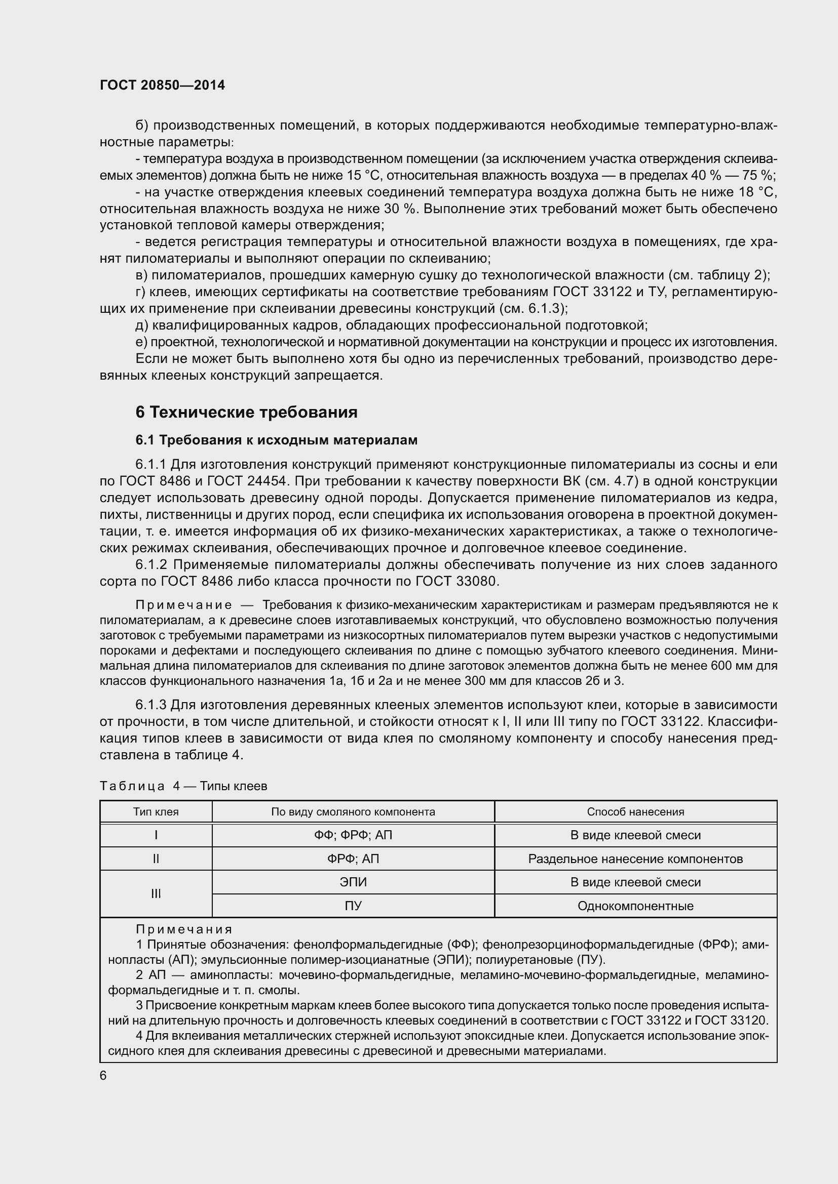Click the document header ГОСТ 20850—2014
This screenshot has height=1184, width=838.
pyautogui.click(x=162, y=85)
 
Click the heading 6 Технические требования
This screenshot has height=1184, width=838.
pyautogui.click(x=246, y=412)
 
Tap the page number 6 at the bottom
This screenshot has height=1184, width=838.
pyautogui.click(x=103, y=1076)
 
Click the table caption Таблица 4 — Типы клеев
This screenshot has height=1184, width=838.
pyautogui.click(x=183, y=786)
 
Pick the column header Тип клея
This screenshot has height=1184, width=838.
pyautogui.click(x=156, y=811)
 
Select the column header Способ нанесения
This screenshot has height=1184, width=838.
pyautogui.click(x=635, y=811)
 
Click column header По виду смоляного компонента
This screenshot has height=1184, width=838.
pyautogui.click(x=353, y=811)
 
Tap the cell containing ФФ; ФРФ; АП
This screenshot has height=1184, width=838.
pyautogui.click(x=353, y=835)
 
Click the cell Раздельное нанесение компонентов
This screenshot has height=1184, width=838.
pyautogui.click(x=635, y=859)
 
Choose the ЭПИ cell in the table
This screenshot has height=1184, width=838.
pyautogui.click(x=353, y=882)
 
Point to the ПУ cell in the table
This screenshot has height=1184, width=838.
pyautogui.click(x=353, y=906)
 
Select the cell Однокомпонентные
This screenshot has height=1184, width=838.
pyautogui.click(x=635, y=906)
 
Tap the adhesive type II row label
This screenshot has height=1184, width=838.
pyautogui.click(x=156, y=859)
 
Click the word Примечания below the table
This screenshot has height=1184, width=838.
pyautogui.click(x=184, y=929)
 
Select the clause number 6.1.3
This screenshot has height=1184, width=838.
pyautogui.click(x=151, y=705)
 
